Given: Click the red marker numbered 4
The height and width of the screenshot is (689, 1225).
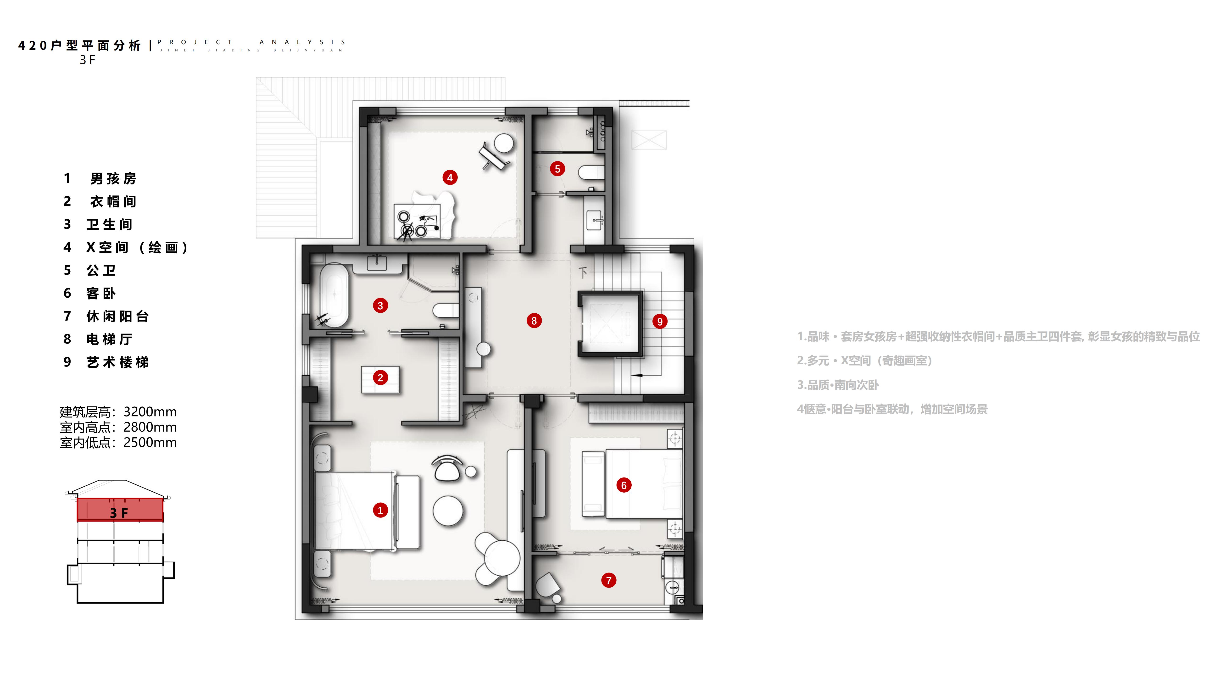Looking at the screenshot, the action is [450, 178].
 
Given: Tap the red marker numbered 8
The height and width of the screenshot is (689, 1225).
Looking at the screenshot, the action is [534, 321].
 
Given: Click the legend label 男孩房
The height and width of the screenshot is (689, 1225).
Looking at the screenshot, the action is [113, 179].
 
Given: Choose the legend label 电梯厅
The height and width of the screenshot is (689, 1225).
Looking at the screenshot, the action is [109, 339].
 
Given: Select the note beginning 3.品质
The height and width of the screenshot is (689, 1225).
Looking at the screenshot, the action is [838, 385].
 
